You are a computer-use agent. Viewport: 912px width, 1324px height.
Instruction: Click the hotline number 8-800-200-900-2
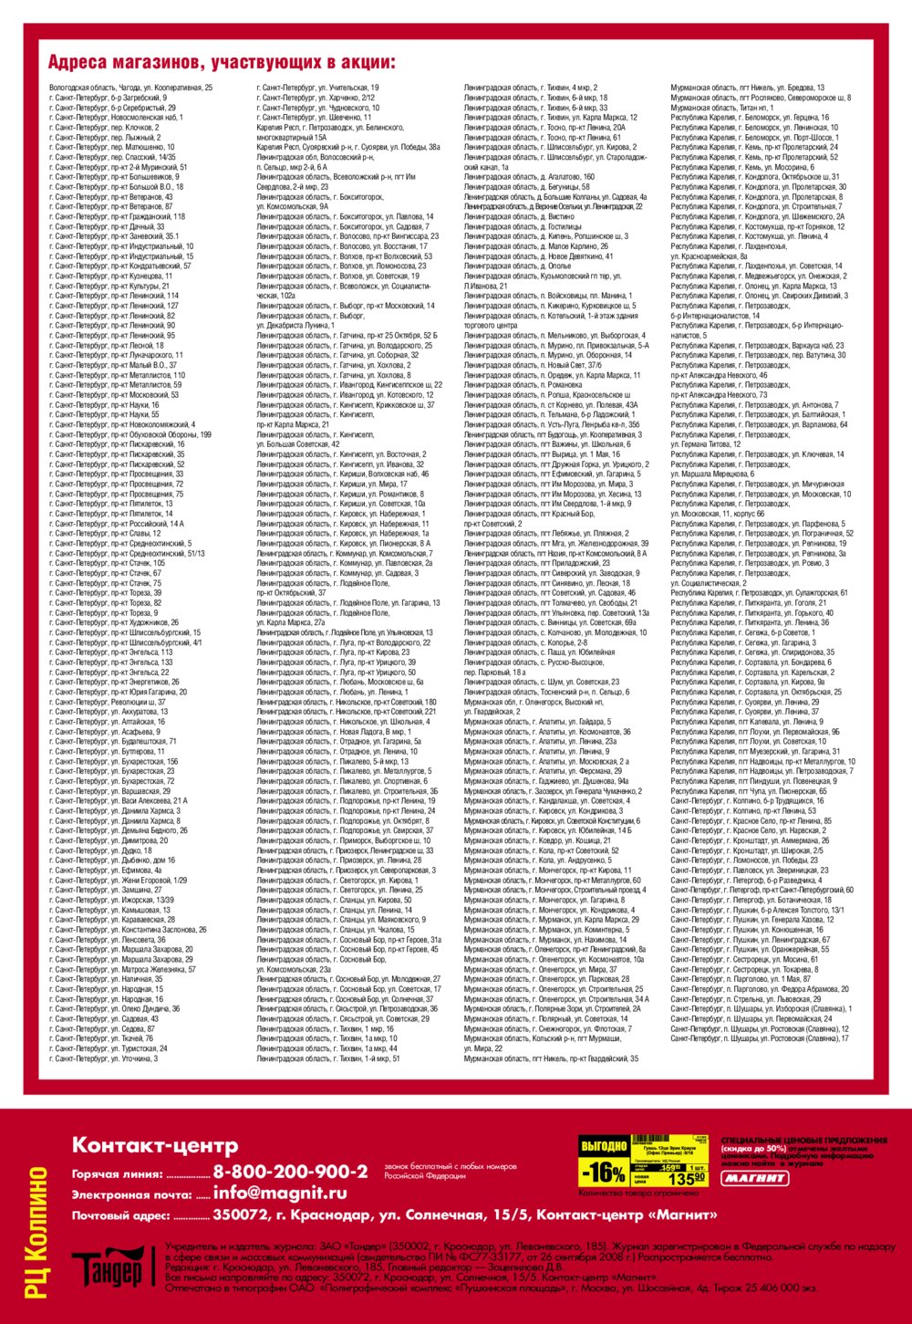point(290,1172)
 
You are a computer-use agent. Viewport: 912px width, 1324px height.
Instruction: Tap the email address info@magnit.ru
point(280,1193)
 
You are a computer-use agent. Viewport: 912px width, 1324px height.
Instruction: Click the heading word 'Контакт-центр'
point(155,1145)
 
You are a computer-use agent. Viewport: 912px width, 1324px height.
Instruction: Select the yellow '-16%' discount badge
point(604,1171)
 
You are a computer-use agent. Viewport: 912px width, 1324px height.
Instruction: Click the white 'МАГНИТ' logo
point(754,1178)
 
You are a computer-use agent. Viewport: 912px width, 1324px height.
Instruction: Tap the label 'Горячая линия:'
point(117,1174)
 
